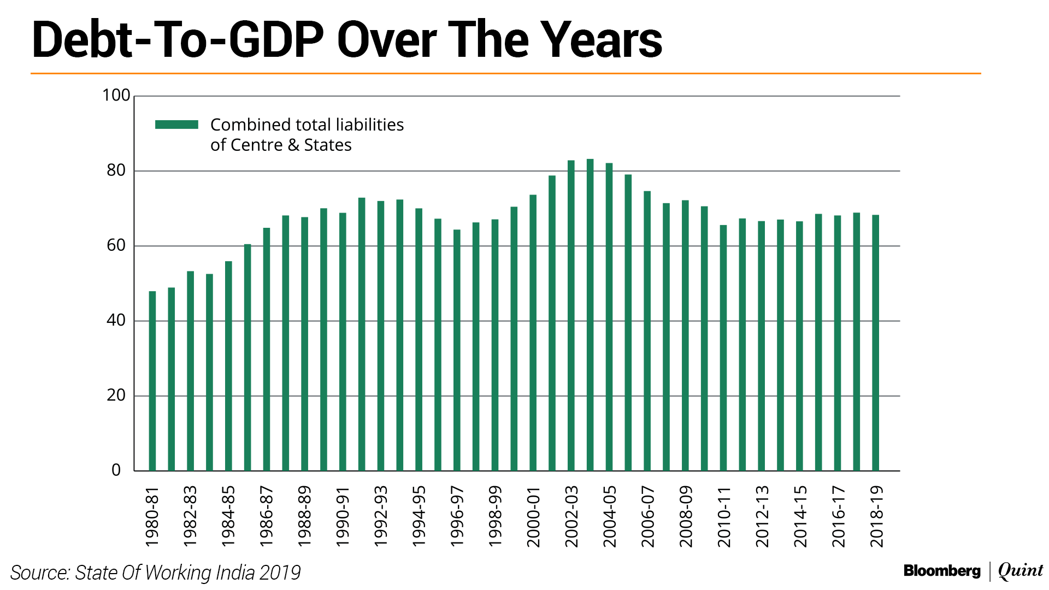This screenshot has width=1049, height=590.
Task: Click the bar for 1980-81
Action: [152, 381]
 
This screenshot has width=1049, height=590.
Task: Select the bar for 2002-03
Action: [571, 315]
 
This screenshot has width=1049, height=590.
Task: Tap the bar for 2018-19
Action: [875, 343]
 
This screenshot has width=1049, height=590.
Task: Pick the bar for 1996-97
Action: [457, 350]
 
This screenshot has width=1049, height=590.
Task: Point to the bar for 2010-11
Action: [723, 347]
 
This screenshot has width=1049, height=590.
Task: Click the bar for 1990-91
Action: [343, 341]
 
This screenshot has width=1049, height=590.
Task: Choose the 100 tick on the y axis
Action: [116, 96]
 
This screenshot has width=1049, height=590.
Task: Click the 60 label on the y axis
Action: [116, 246]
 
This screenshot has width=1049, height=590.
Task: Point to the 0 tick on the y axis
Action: [116, 470]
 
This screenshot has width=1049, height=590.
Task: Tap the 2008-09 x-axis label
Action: [686, 516]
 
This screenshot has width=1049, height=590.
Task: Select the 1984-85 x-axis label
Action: [228, 516]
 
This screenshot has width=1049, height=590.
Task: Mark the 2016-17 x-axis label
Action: [838, 516]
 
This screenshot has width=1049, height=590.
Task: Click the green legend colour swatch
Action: [176, 125]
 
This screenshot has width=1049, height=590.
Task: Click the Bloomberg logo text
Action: [942, 571]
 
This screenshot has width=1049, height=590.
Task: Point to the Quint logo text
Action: [1020, 571]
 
